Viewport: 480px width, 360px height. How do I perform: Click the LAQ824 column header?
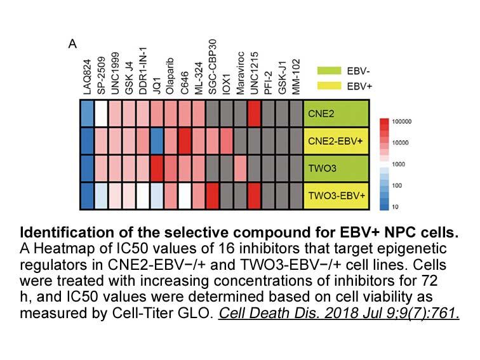tap(87, 77)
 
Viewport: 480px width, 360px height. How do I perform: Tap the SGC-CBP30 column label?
tap(212, 67)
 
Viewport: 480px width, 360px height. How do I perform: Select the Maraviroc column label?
tap(240, 73)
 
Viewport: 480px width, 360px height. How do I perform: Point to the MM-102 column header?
tap(295, 77)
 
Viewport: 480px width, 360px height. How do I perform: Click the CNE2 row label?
tap(321, 114)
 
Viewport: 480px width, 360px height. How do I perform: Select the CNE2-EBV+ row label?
tap(335, 141)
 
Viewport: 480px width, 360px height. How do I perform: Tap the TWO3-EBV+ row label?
tap(337, 196)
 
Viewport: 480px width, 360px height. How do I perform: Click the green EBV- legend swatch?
tap(329, 70)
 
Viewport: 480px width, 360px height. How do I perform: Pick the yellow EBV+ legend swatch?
tap(329, 86)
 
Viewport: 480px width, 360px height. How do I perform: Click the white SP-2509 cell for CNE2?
tap(102, 114)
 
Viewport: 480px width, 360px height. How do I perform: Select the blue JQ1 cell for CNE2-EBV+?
tap(157, 141)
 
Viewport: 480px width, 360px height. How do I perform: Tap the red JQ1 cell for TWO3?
tap(157, 168)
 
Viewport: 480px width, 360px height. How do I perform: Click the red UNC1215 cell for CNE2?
tap(254, 114)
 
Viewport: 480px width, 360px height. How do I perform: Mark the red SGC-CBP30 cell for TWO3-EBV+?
tap(213, 196)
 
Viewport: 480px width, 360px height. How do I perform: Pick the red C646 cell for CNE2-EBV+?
tap(185, 141)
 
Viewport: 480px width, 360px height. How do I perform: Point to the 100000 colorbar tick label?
tap(402, 121)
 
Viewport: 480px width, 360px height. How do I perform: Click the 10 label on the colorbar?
tap(395, 207)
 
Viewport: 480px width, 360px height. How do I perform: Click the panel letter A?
tap(72, 44)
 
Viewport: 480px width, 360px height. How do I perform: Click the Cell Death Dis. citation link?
tap(339, 313)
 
